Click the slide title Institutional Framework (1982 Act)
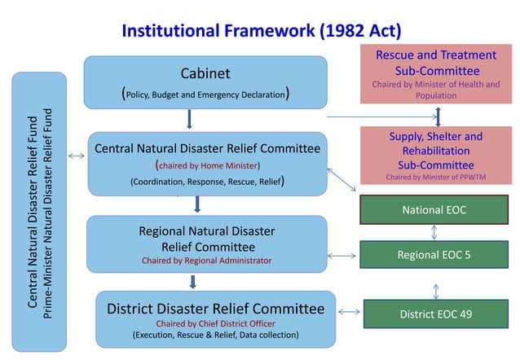(x=261, y=31)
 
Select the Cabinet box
(x=205, y=82)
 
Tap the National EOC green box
(x=434, y=210)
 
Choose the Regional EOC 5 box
(x=434, y=255)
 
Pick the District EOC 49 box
(x=434, y=314)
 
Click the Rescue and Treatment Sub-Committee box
(x=436, y=73)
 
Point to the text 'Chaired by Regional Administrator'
(x=207, y=261)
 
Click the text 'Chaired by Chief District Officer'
(x=215, y=323)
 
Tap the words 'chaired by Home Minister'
(x=207, y=165)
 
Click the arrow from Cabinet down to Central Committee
(x=189, y=120)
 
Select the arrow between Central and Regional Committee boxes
(x=197, y=204)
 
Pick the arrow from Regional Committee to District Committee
(x=193, y=282)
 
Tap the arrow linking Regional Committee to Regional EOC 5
(x=342, y=256)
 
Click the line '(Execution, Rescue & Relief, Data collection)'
(x=215, y=334)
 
